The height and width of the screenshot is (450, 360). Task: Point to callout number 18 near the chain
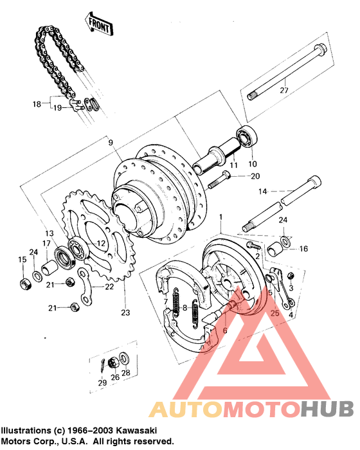click(x=37, y=104)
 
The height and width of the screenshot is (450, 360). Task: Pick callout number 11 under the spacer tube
click(x=234, y=165)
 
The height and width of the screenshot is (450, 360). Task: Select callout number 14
click(x=262, y=191)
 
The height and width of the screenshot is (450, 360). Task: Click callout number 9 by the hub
click(x=110, y=142)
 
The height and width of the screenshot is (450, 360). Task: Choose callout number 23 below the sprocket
click(x=125, y=313)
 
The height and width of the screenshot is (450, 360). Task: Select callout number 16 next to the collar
click(x=304, y=248)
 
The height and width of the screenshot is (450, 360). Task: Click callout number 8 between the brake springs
click(x=184, y=307)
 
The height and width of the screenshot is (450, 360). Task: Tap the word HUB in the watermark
click(x=326, y=409)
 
